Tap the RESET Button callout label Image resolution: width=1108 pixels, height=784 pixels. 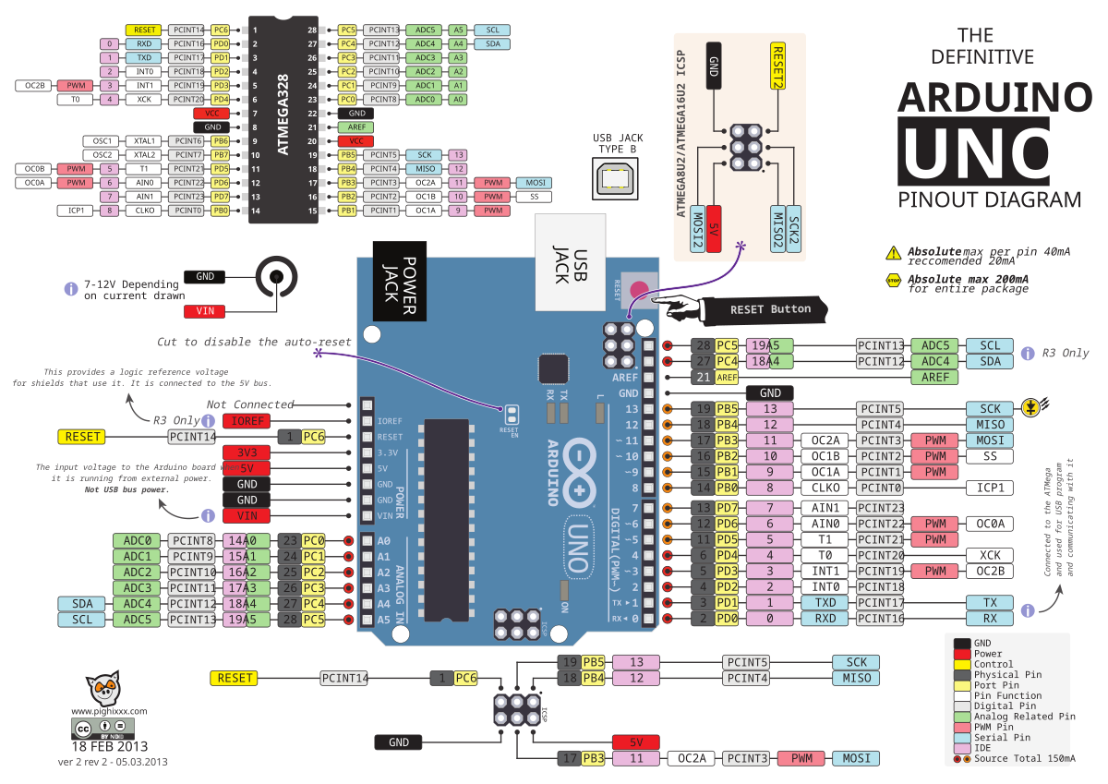click(x=770, y=309)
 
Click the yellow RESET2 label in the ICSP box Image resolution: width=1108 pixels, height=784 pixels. click(x=777, y=66)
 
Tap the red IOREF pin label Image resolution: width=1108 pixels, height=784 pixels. click(x=246, y=421)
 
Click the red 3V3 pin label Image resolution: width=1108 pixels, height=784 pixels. click(x=246, y=452)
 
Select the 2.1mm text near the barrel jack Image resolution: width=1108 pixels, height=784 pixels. click(x=254, y=307)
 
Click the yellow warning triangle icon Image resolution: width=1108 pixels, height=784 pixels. click(x=893, y=253)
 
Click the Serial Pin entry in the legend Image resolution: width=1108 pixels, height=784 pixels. click(x=1002, y=738)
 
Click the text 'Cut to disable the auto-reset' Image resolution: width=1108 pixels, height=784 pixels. click(x=254, y=342)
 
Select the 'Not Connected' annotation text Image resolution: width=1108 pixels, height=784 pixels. click(x=250, y=404)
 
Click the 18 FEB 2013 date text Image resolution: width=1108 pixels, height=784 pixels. click(x=109, y=747)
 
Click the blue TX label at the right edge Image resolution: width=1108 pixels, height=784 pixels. click(x=990, y=602)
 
